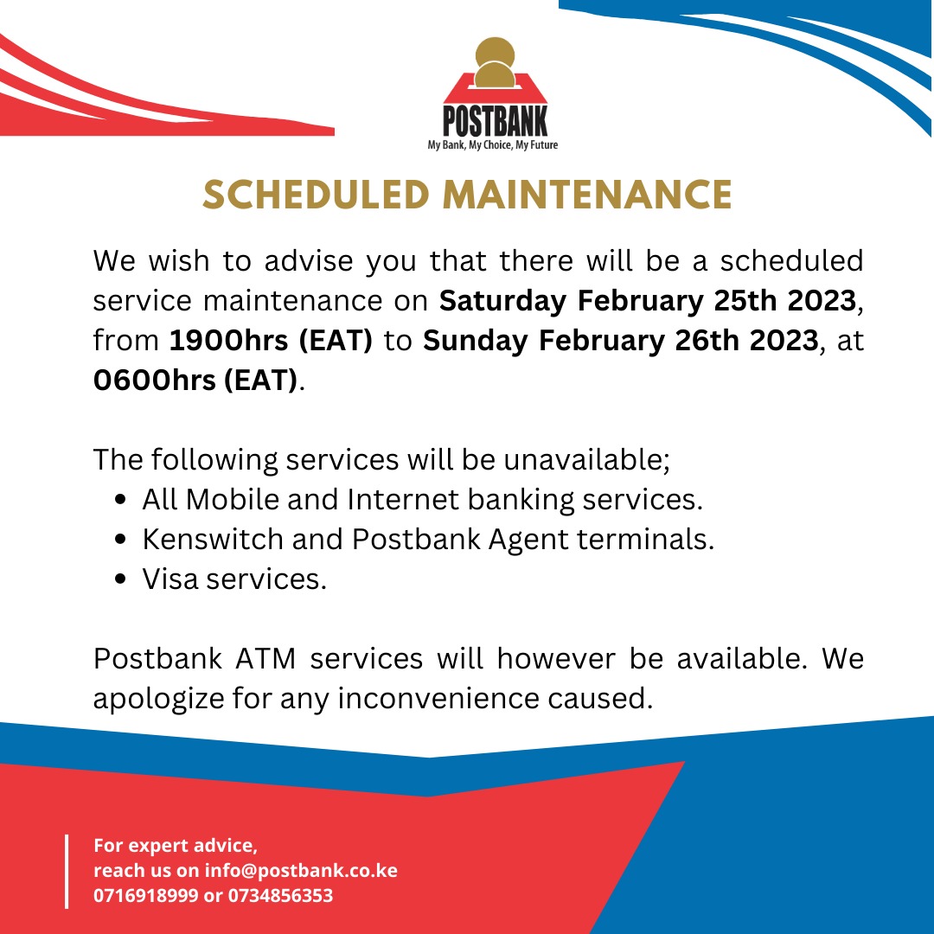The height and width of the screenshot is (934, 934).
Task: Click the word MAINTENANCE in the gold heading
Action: pyautogui.click(x=588, y=194)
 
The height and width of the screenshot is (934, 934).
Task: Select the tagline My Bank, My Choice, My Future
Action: pyautogui.click(x=493, y=145)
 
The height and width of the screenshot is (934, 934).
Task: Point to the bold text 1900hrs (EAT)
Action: pyautogui.click(x=271, y=341)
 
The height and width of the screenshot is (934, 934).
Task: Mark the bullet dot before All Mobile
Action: pyautogui.click(x=122, y=500)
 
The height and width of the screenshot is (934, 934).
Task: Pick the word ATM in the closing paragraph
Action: pyautogui.click(x=265, y=658)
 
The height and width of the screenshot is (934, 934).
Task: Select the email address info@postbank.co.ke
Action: pyautogui.click(x=301, y=870)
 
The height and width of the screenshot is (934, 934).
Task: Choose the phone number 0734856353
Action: pyautogui.click(x=280, y=895)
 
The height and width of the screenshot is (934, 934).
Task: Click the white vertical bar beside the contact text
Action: pyautogui.click(x=67, y=870)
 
